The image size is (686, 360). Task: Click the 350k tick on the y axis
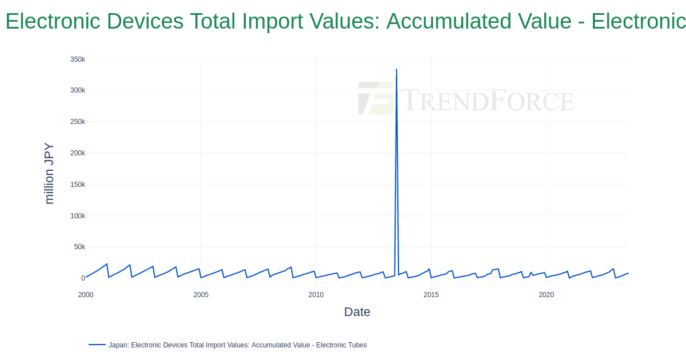(78, 59)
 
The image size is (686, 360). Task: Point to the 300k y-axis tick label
(78, 90)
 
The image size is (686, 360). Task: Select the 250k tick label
(78, 122)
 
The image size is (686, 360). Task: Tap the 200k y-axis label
(78, 153)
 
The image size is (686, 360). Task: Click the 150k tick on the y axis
(78, 185)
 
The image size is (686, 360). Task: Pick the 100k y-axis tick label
(78, 216)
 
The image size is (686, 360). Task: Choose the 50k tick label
(79, 247)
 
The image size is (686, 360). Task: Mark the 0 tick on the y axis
(83, 278)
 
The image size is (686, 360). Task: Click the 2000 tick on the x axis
(86, 295)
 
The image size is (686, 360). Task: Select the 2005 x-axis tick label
(201, 295)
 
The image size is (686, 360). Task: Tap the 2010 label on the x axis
(316, 295)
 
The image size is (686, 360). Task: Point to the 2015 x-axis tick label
(431, 295)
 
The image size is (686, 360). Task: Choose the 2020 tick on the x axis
(546, 295)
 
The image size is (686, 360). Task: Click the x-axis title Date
(357, 312)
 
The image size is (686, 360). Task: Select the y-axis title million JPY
(49, 173)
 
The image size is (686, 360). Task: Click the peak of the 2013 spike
(397, 70)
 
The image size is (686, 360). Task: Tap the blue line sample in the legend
(97, 345)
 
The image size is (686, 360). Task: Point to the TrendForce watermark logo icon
(376, 98)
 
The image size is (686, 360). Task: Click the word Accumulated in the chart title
(478, 21)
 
